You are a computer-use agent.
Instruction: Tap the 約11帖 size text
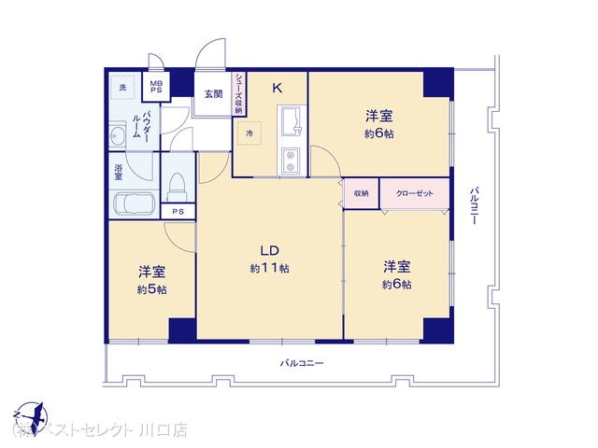click(x=269, y=269)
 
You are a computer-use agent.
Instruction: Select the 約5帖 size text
click(x=151, y=289)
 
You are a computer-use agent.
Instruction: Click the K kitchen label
click(x=277, y=89)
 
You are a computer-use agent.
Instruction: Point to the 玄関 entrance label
click(x=213, y=93)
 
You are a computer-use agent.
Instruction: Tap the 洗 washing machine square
click(x=121, y=89)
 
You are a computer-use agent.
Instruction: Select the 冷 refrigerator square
click(x=249, y=133)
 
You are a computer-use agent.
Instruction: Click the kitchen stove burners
click(x=290, y=161)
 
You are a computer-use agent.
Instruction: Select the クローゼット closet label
click(x=415, y=193)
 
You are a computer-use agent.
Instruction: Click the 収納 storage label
click(x=362, y=193)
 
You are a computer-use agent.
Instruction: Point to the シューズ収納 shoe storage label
click(x=238, y=93)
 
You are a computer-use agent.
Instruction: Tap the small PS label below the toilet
click(x=178, y=212)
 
